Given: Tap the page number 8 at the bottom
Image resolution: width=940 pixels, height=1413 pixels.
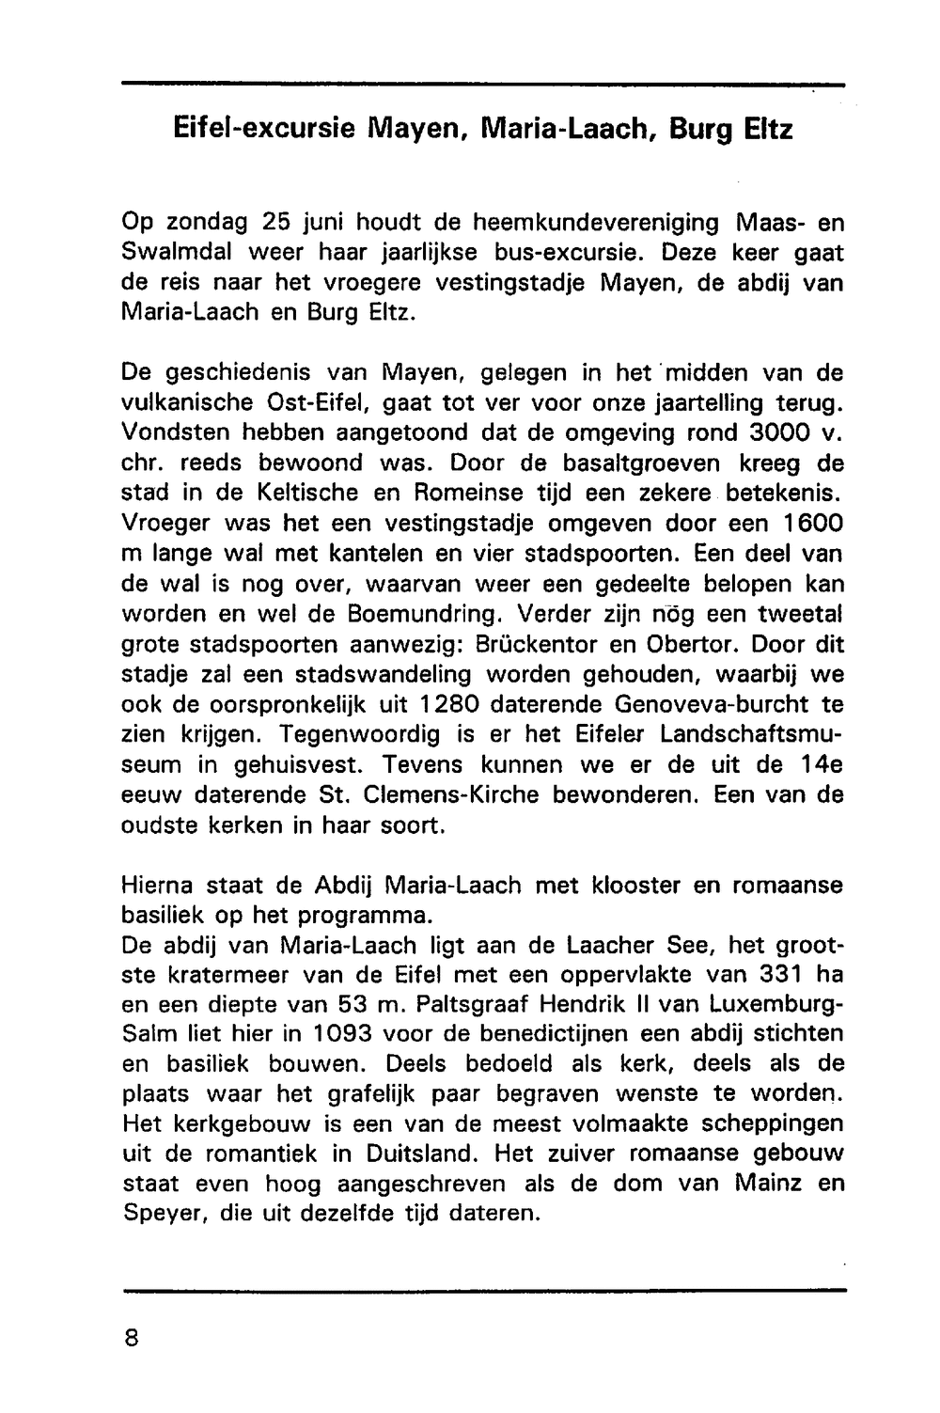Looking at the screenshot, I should [x=131, y=1338].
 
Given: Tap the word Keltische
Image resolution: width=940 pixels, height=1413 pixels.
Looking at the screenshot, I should [x=293, y=494].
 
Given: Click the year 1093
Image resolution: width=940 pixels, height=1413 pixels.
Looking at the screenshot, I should [x=335, y=1033].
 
